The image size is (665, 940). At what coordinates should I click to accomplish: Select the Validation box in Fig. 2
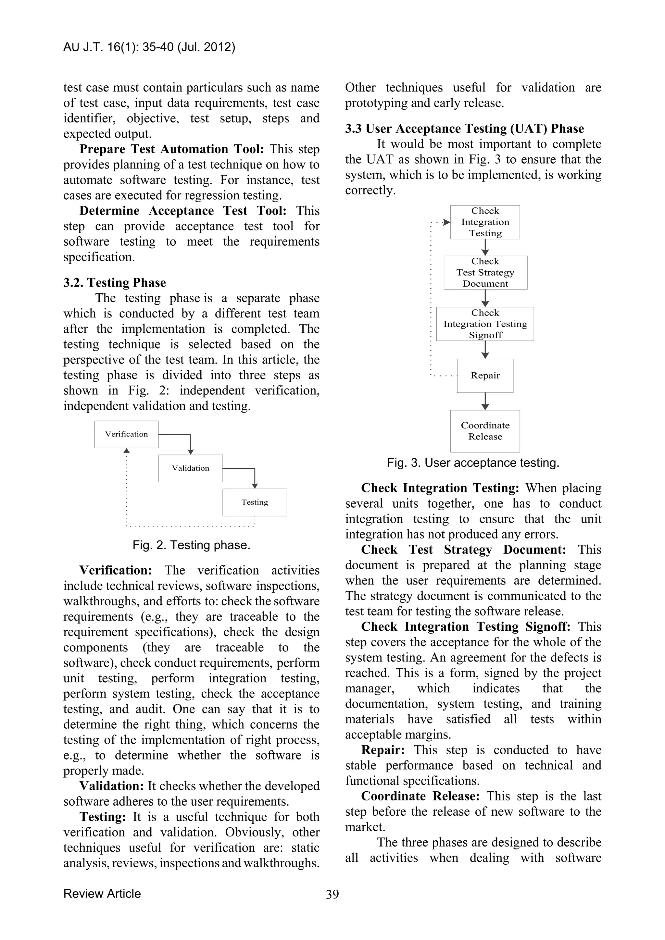click(190, 468)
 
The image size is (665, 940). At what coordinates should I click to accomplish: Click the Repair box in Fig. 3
click(485, 376)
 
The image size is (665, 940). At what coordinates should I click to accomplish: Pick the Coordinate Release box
click(485, 431)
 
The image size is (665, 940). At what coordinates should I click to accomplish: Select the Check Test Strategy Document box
click(485, 272)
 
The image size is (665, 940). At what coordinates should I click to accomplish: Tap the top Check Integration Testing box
click(485, 222)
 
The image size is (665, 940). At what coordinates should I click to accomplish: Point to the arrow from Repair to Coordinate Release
click(485, 401)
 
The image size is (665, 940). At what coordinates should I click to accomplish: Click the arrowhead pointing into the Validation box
click(190, 451)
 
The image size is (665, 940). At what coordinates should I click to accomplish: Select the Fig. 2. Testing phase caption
click(191, 545)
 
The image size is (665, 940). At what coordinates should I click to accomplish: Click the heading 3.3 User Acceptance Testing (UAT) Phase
click(464, 129)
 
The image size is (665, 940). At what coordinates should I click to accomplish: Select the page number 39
click(332, 894)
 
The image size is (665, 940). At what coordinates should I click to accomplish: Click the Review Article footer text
click(102, 893)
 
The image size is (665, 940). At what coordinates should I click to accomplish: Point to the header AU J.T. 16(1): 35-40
click(149, 47)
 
